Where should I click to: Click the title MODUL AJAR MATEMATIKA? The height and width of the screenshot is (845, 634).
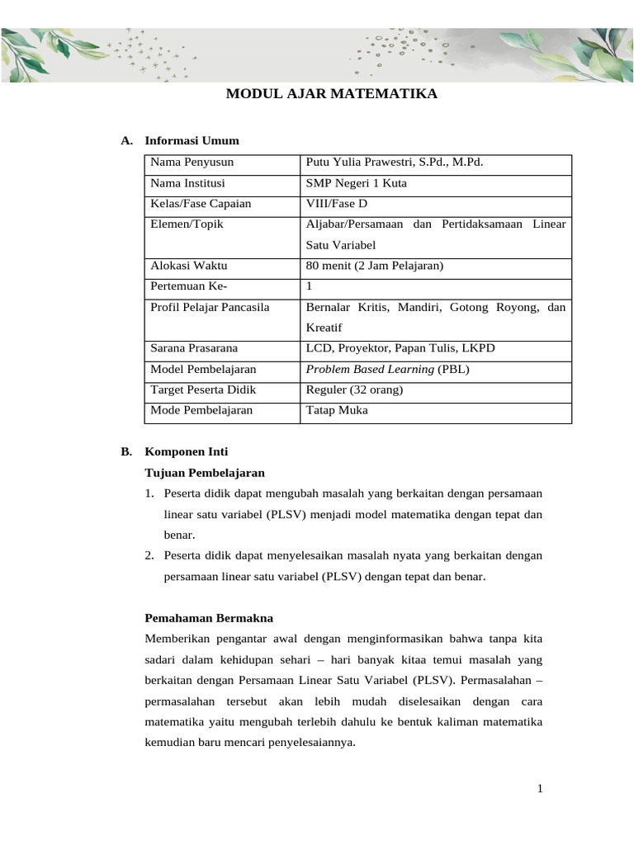pyautogui.click(x=332, y=94)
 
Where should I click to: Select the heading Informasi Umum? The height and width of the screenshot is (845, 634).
pyautogui.click(x=192, y=141)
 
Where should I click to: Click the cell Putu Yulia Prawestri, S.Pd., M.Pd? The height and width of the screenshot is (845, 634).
pyautogui.click(x=394, y=162)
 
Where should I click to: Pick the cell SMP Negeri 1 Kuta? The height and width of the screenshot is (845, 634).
pyautogui.click(x=356, y=183)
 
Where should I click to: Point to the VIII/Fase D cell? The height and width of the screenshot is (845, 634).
pyautogui.click(x=336, y=204)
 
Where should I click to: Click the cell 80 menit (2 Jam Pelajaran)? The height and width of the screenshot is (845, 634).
pyautogui.click(x=375, y=266)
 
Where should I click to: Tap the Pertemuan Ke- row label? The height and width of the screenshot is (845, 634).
pyautogui.click(x=188, y=286)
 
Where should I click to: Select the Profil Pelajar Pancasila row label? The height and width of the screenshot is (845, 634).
pyautogui.click(x=210, y=307)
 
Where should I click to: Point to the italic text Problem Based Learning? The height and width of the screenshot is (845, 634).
pyautogui.click(x=370, y=369)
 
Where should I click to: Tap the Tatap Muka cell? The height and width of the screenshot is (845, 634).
pyautogui.click(x=337, y=410)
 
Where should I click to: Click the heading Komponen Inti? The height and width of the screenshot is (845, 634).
pyautogui.click(x=187, y=451)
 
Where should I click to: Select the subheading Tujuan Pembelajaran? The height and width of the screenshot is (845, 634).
pyautogui.click(x=205, y=473)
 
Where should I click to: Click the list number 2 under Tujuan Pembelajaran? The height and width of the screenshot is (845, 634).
pyautogui.click(x=149, y=556)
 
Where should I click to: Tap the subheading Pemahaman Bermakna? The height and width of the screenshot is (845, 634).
pyautogui.click(x=209, y=617)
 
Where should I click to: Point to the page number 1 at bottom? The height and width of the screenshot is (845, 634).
pyautogui.click(x=540, y=789)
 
